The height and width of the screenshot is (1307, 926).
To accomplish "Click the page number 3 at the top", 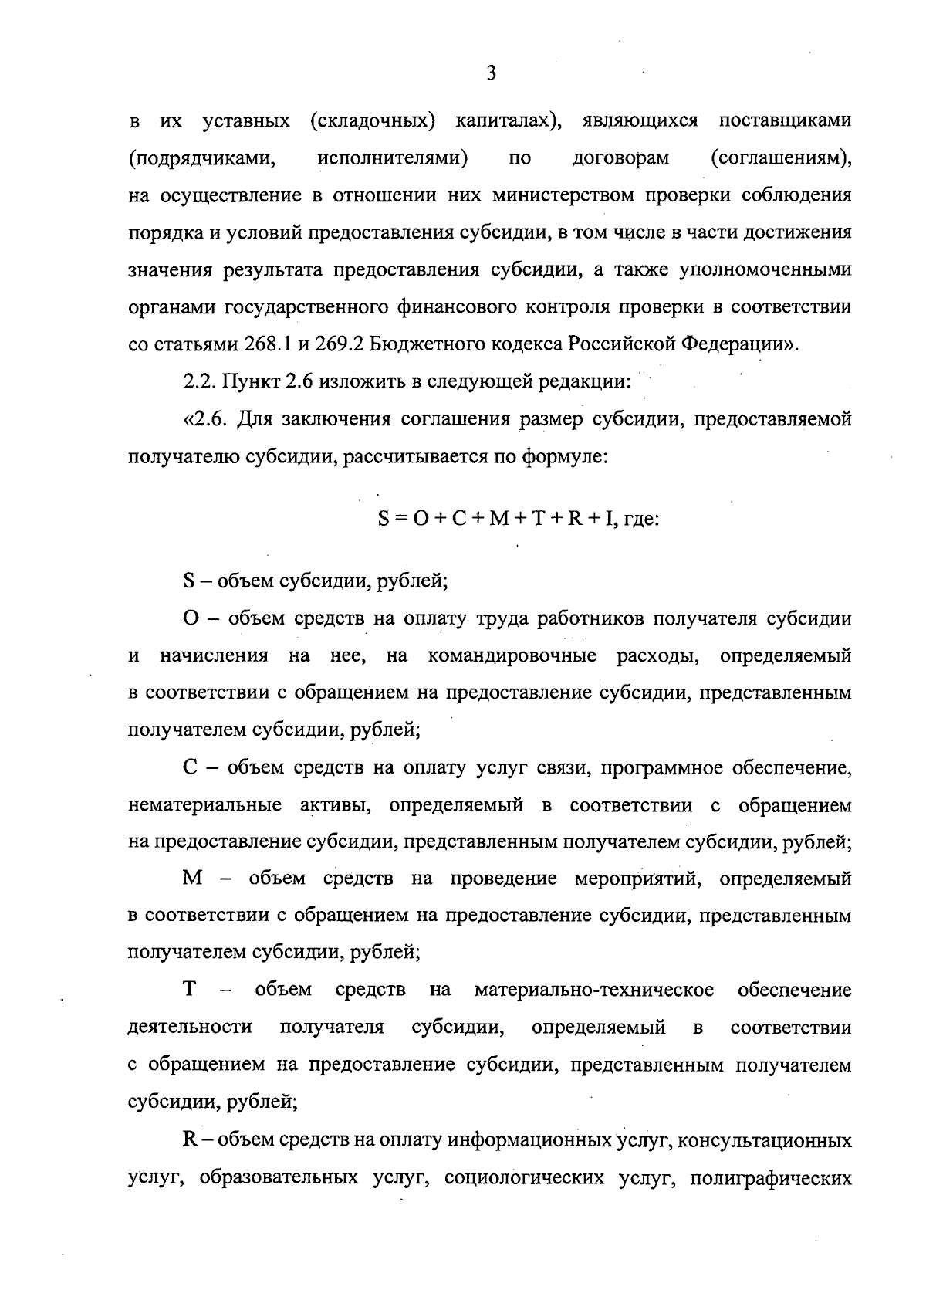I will point(492,74).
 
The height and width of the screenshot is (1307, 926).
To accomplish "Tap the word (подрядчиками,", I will point(203,159).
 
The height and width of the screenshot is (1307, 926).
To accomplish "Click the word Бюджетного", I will point(421,344).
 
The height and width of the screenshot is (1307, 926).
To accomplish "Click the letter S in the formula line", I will point(384,520).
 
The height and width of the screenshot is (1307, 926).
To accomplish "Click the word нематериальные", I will point(204,806).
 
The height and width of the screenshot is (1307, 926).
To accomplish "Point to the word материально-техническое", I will point(594,990).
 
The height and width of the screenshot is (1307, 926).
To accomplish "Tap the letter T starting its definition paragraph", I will point(188,990).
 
